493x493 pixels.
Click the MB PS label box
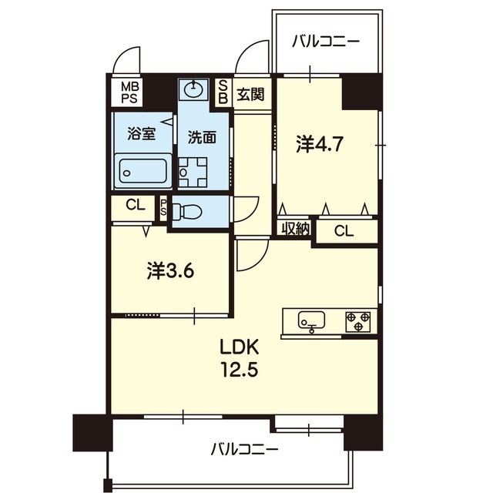(129, 92)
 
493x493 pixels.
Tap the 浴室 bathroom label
(142, 134)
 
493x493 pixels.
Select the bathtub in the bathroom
(143, 171)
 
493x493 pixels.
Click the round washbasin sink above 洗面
(193, 90)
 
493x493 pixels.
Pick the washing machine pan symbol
(193, 173)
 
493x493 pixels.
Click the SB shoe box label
(223, 92)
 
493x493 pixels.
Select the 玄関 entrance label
(250, 94)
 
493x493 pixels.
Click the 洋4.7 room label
(319, 145)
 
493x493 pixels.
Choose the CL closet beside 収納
(344, 231)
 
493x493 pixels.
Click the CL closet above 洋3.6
(136, 206)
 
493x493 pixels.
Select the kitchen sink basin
(311, 320)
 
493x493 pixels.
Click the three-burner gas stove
(358, 322)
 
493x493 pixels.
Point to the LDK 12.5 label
(240, 358)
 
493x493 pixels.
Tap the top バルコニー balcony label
(325, 42)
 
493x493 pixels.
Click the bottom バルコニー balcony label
(244, 449)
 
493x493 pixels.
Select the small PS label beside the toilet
(163, 207)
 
